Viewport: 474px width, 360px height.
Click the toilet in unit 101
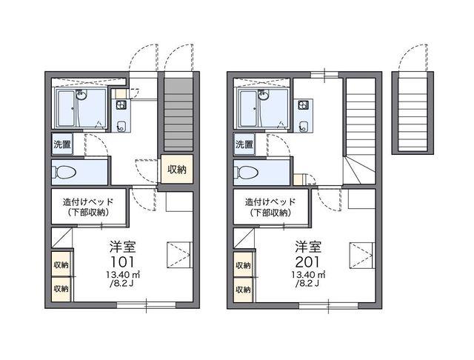point(64,173)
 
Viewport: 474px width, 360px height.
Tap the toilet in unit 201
point(247,173)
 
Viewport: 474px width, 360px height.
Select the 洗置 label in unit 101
point(62,144)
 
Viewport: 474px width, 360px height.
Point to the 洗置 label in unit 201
point(244,144)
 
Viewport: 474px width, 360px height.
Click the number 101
point(122,261)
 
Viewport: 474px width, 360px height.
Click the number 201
point(307,261)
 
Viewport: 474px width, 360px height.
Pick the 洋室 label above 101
point(123,247)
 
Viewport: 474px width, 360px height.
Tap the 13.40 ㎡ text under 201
point(308,275)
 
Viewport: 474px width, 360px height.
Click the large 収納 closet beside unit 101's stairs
point(177,170)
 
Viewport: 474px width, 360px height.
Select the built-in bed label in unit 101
point(88,207)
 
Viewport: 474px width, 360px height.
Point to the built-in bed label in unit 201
point(270,207)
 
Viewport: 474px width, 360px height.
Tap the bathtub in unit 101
point(67,108)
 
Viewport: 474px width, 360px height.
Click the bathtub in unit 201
point(249,108)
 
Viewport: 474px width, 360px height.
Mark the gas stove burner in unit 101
point(121,105)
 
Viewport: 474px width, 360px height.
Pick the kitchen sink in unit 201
point(303,127)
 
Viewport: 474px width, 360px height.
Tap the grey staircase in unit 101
point(178,115)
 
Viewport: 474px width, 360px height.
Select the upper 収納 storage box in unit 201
point(244,265)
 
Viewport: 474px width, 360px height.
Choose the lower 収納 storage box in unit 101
point(61,290)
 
